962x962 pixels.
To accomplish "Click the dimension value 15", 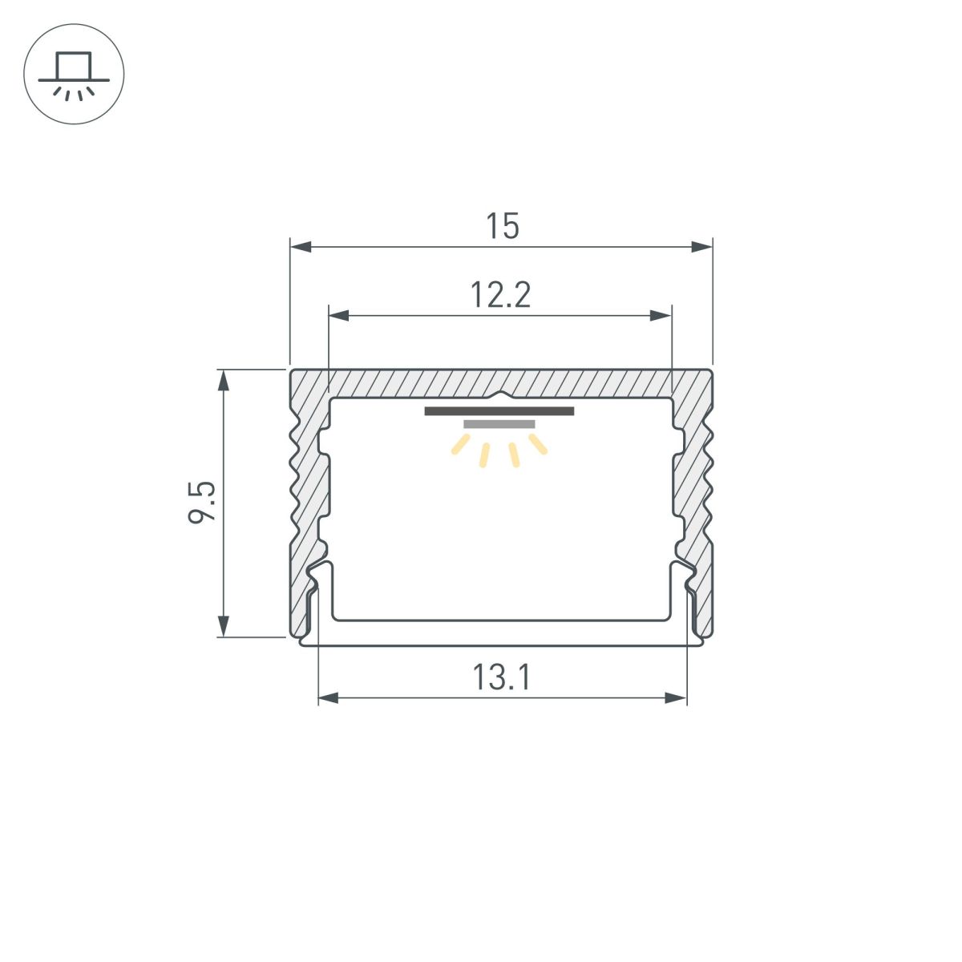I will [x=503, y=227].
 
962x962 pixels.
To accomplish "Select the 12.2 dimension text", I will [x=500, y=296].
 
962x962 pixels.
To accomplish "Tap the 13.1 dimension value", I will [x=501, y=679].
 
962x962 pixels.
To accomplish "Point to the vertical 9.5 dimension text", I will [x=202, y=503].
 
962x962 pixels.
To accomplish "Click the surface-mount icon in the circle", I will [x=74, y=74].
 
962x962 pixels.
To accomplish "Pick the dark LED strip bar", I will [x=499, y=411].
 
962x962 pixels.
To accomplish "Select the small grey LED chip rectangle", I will [x=499, y=424].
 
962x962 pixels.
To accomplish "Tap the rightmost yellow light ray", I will [x=538, y=444].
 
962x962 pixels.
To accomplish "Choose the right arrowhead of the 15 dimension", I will [x=702, y=246].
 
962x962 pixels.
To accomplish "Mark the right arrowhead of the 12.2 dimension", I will [x=661, y=316].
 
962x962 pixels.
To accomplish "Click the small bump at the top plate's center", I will [x=500, y=394].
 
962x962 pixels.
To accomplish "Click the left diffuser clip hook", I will [x=318, y=576].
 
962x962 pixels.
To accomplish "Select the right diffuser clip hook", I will [x=683, y=576].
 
